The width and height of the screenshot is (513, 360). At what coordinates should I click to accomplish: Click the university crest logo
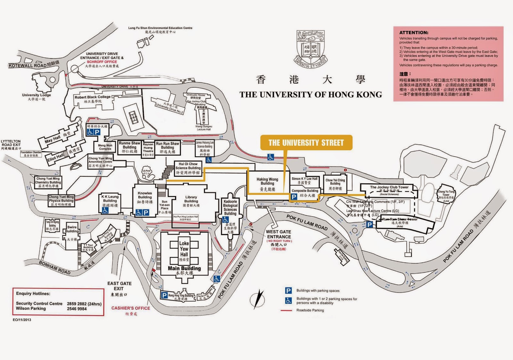(x=311, y=49)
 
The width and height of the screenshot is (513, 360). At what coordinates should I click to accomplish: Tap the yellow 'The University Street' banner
(x=306, y=143)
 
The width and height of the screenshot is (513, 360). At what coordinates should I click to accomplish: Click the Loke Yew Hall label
(x=184, y=249)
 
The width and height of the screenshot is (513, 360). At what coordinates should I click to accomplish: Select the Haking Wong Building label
(x=267, y=181)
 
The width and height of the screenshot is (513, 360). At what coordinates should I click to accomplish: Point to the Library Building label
(x=191, y=199)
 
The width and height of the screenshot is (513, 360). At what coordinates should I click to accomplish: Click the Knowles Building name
(x=145, y=195)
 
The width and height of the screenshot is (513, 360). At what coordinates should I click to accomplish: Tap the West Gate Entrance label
(x=279, y=234)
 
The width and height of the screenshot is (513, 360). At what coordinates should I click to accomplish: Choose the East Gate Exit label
(x=119, y=286)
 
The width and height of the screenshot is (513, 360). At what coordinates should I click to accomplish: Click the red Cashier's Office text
(x=130, y=308)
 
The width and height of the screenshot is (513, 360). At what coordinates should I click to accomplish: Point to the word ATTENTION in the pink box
(x=414, y=33)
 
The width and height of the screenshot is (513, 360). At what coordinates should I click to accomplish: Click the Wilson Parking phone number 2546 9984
(x=77, y=309)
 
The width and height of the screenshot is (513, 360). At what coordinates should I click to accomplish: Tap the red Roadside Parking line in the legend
(x=286, y=310)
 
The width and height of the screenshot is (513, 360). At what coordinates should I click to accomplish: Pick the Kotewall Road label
(x=28, y=65)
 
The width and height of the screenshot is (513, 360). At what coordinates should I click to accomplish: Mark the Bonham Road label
(x=55, y=267)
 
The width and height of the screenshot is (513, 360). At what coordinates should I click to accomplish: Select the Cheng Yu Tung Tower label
(x=446, y=193)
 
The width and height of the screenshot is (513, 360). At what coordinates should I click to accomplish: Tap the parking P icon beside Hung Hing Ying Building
(x=164, y=295)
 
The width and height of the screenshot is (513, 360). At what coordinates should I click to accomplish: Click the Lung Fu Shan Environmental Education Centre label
(x=160, y=28)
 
